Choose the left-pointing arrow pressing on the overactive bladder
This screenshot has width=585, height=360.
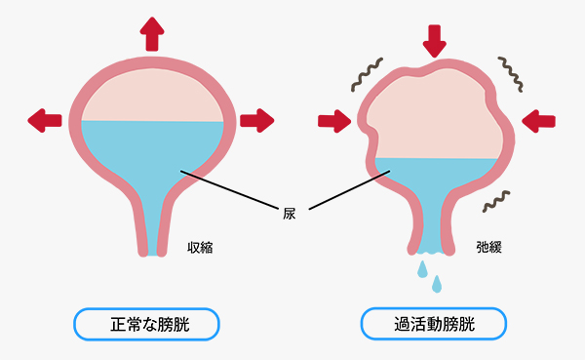(x=538, y=121)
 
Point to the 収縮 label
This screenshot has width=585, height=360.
(x=199, y=248)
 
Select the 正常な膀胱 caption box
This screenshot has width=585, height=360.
(x=145, y=322)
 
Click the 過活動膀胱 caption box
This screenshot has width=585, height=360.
(x=435, y=322)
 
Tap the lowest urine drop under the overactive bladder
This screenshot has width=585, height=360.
(x=438, y=284)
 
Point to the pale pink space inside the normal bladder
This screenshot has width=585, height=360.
(x=153, y=98)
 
